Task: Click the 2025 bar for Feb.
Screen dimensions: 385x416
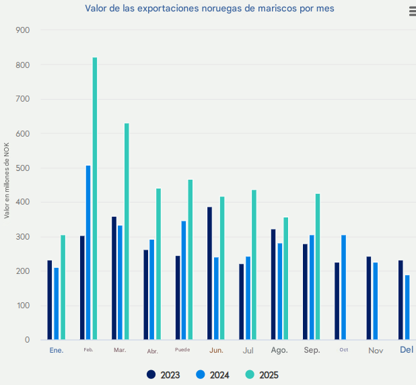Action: (x=95, y=198)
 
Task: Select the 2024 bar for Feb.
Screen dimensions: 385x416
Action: (x=88, y=252)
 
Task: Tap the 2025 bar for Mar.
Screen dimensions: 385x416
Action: (x=127, y=232)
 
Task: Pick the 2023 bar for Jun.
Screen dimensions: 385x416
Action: (x=209, y=273)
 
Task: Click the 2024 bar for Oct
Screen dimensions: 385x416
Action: (x=343, y=287)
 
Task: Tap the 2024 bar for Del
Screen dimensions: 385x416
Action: (x=407, y=307)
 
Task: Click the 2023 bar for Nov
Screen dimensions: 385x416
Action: (x=369, y=298)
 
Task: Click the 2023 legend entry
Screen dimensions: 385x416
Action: (x=164, y=375)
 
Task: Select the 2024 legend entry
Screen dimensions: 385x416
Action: (x=213, y=375)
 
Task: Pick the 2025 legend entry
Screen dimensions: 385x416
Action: (x=263, y=375)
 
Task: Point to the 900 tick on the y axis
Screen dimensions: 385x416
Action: (x=23, y=31)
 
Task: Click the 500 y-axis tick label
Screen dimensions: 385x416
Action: (x=23, y=168)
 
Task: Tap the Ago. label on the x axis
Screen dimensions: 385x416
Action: (x=279, y=351)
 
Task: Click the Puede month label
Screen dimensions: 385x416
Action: (x=182, y=350)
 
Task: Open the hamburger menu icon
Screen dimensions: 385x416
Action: (x=412, y=11)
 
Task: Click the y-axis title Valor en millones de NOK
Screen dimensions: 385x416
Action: (x=7, y=181)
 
